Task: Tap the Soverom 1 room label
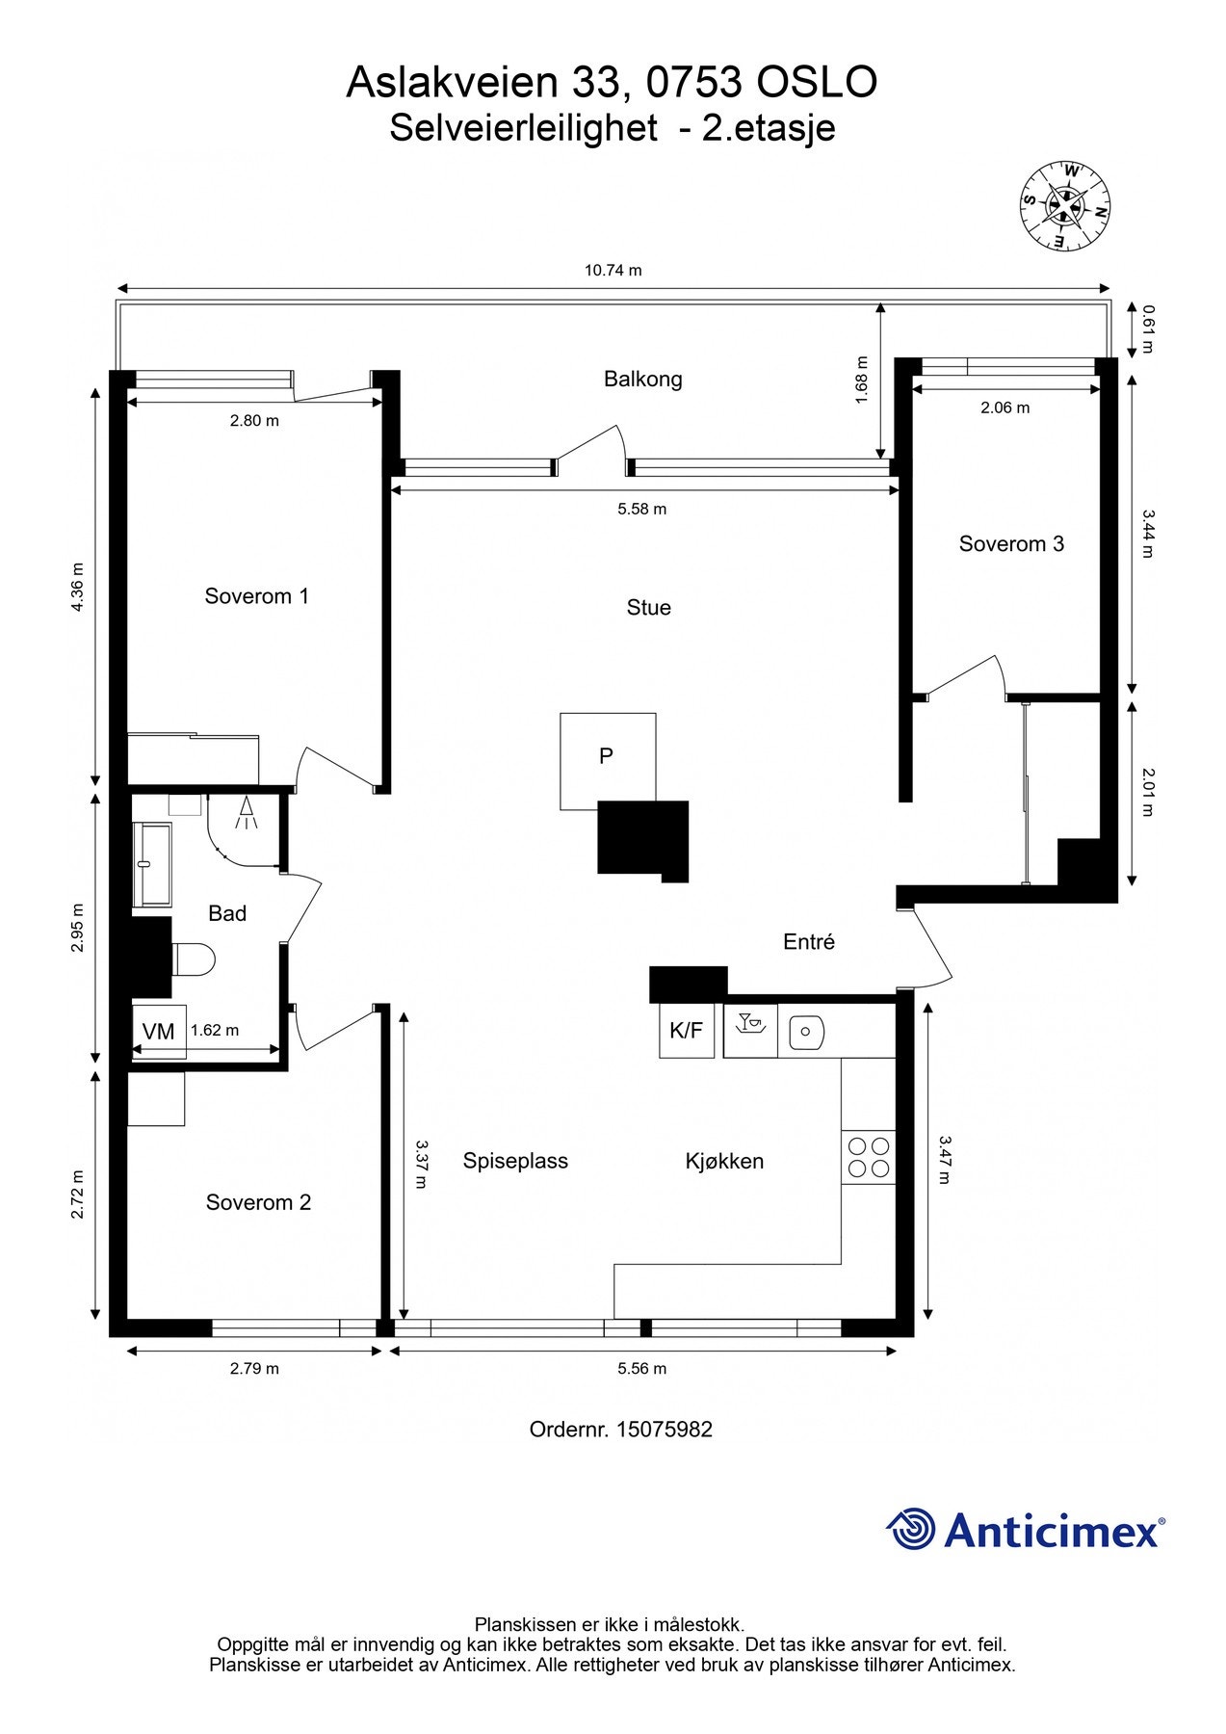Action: click(x=256, y=596)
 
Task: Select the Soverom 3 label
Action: click(x=1010, y=544)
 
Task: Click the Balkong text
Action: click(x=642, y=380)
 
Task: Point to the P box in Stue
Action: click(x=607, y=757)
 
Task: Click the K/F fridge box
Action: click(x=686, y=1031)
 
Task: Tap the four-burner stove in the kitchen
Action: click(x=868, y=1157)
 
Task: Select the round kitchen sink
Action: click(x=806, y=1033)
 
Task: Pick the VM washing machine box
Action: click(x=158, y=1032)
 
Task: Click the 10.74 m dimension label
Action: click(x=613, y=271)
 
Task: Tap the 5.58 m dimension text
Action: click(x=641, y=510)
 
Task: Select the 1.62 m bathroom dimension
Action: click(x=214, y=1031)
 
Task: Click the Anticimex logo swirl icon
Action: click(x=910, y=1529)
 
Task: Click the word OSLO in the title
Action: click(x=817, y=84)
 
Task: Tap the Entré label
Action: click(x=808, y=942)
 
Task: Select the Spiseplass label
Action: click(x=515, y=1162)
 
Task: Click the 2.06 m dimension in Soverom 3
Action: click(x=1004, y=408)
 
